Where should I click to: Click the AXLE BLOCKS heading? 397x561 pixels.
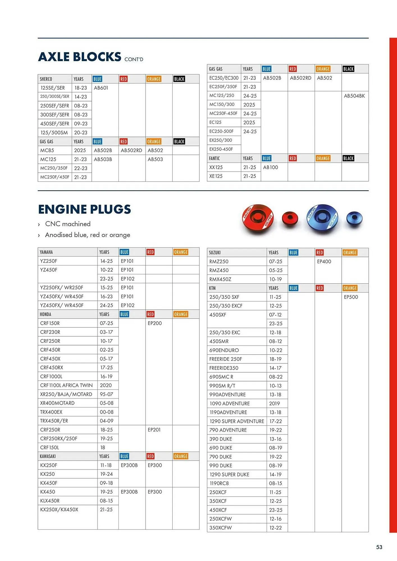(x=80, y=57)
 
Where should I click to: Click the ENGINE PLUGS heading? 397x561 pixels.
(x=85, y=209)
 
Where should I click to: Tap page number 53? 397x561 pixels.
(x=379, y=547)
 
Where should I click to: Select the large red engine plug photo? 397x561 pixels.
(x=258, y=219)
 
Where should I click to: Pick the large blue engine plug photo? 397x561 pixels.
(x=322, y=219)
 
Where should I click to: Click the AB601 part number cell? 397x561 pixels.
(x=101, y=88)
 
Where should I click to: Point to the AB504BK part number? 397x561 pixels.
(x=354, y=96)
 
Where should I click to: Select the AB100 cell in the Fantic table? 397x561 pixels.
(x=270, y=167)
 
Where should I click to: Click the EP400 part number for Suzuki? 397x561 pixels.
(x=324, y=261)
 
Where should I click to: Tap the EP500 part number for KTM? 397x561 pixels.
(x=351, y=297)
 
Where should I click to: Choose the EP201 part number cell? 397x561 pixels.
(x=154, y=429)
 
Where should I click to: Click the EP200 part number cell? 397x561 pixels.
(x=155, y=323)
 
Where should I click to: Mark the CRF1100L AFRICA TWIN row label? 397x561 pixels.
(x=66, y=385)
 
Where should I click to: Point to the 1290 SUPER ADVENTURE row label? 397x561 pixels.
(x=237, y=421)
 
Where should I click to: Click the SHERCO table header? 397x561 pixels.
(x=46, y=79)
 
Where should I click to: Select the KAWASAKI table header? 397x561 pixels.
(x=48, y=456)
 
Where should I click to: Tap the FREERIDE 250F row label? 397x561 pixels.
(x=225, y=359)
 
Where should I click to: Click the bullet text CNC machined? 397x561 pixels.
(x=68, y=224)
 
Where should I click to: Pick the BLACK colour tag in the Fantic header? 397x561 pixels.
(x=348, y=158)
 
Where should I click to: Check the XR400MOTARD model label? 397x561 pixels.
(x=57, y=403)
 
